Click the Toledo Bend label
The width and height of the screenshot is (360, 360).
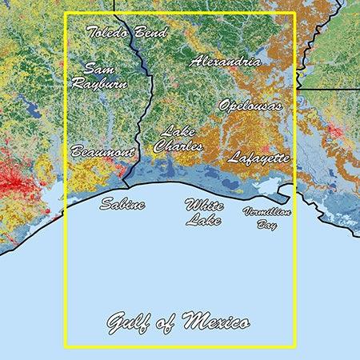tap(126, 33)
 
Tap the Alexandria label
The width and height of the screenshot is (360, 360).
tap(225, 61)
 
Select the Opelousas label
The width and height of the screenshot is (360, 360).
tap(250, 105)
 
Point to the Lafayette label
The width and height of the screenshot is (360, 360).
tap(258, 158)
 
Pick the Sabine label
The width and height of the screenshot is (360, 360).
tap(122, 205)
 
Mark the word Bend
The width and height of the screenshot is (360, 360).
tap(151, 33)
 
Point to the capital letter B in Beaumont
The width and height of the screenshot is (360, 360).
tap(76, 150)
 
